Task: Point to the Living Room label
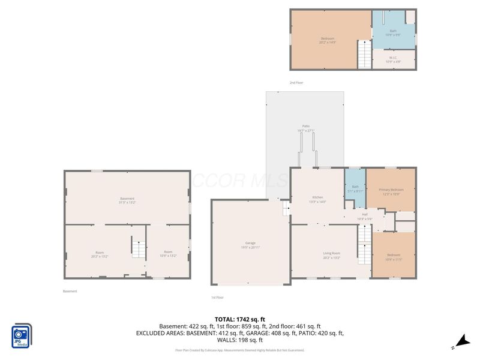pos(331,255)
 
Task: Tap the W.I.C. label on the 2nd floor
pos(393,59)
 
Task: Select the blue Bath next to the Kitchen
pos(355,188)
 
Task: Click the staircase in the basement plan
pos(139,248)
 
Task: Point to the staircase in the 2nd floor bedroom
pos(364,54)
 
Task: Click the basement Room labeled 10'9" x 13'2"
pos(168,253)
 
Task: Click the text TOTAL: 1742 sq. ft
pos(240,319)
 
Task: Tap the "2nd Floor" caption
pos(296,83)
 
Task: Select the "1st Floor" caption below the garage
pos(217,298)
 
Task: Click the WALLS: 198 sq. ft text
pos(240,340)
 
